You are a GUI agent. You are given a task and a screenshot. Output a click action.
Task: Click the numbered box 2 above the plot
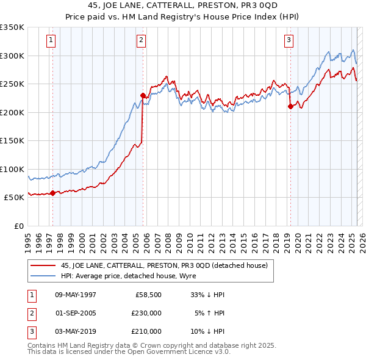click(141, 41)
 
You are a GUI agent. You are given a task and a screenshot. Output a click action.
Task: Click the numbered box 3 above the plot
click(289, 41)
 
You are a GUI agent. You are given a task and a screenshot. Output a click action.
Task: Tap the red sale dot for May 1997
click(52, 193)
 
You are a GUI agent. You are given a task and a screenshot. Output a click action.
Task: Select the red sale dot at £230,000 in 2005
click(143, 95)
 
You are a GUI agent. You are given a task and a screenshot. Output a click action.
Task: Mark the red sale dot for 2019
click(290, 107)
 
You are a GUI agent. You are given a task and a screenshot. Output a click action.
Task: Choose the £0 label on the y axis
click(18, 226)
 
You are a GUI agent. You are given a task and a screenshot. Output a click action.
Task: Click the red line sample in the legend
click(43, 265)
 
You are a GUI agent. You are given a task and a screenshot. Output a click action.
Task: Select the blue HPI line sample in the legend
click(43, 276)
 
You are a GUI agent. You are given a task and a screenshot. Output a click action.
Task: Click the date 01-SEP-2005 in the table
click(76, 313)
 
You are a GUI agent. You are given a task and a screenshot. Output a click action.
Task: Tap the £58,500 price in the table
click(149, 295)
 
